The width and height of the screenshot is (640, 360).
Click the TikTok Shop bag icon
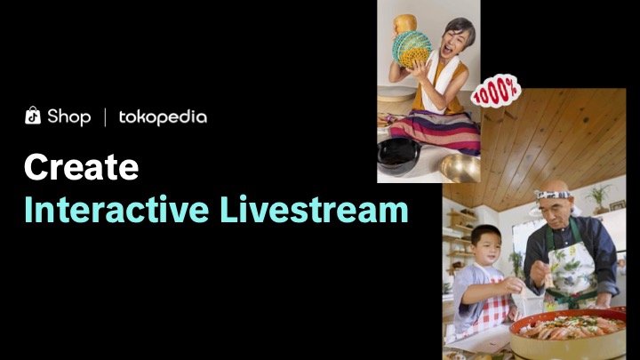[x=33, y=116]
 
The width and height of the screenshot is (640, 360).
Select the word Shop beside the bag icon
[x=68, y=116]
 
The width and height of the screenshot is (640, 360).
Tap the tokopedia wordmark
[x=163, y=116]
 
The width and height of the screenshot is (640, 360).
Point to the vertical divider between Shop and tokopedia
[x=106, y=116]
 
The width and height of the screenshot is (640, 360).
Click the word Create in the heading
[x=81, y=167]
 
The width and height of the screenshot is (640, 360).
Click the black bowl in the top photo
[x=399, y=156]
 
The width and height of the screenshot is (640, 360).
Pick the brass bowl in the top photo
[x=460, y=167]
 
